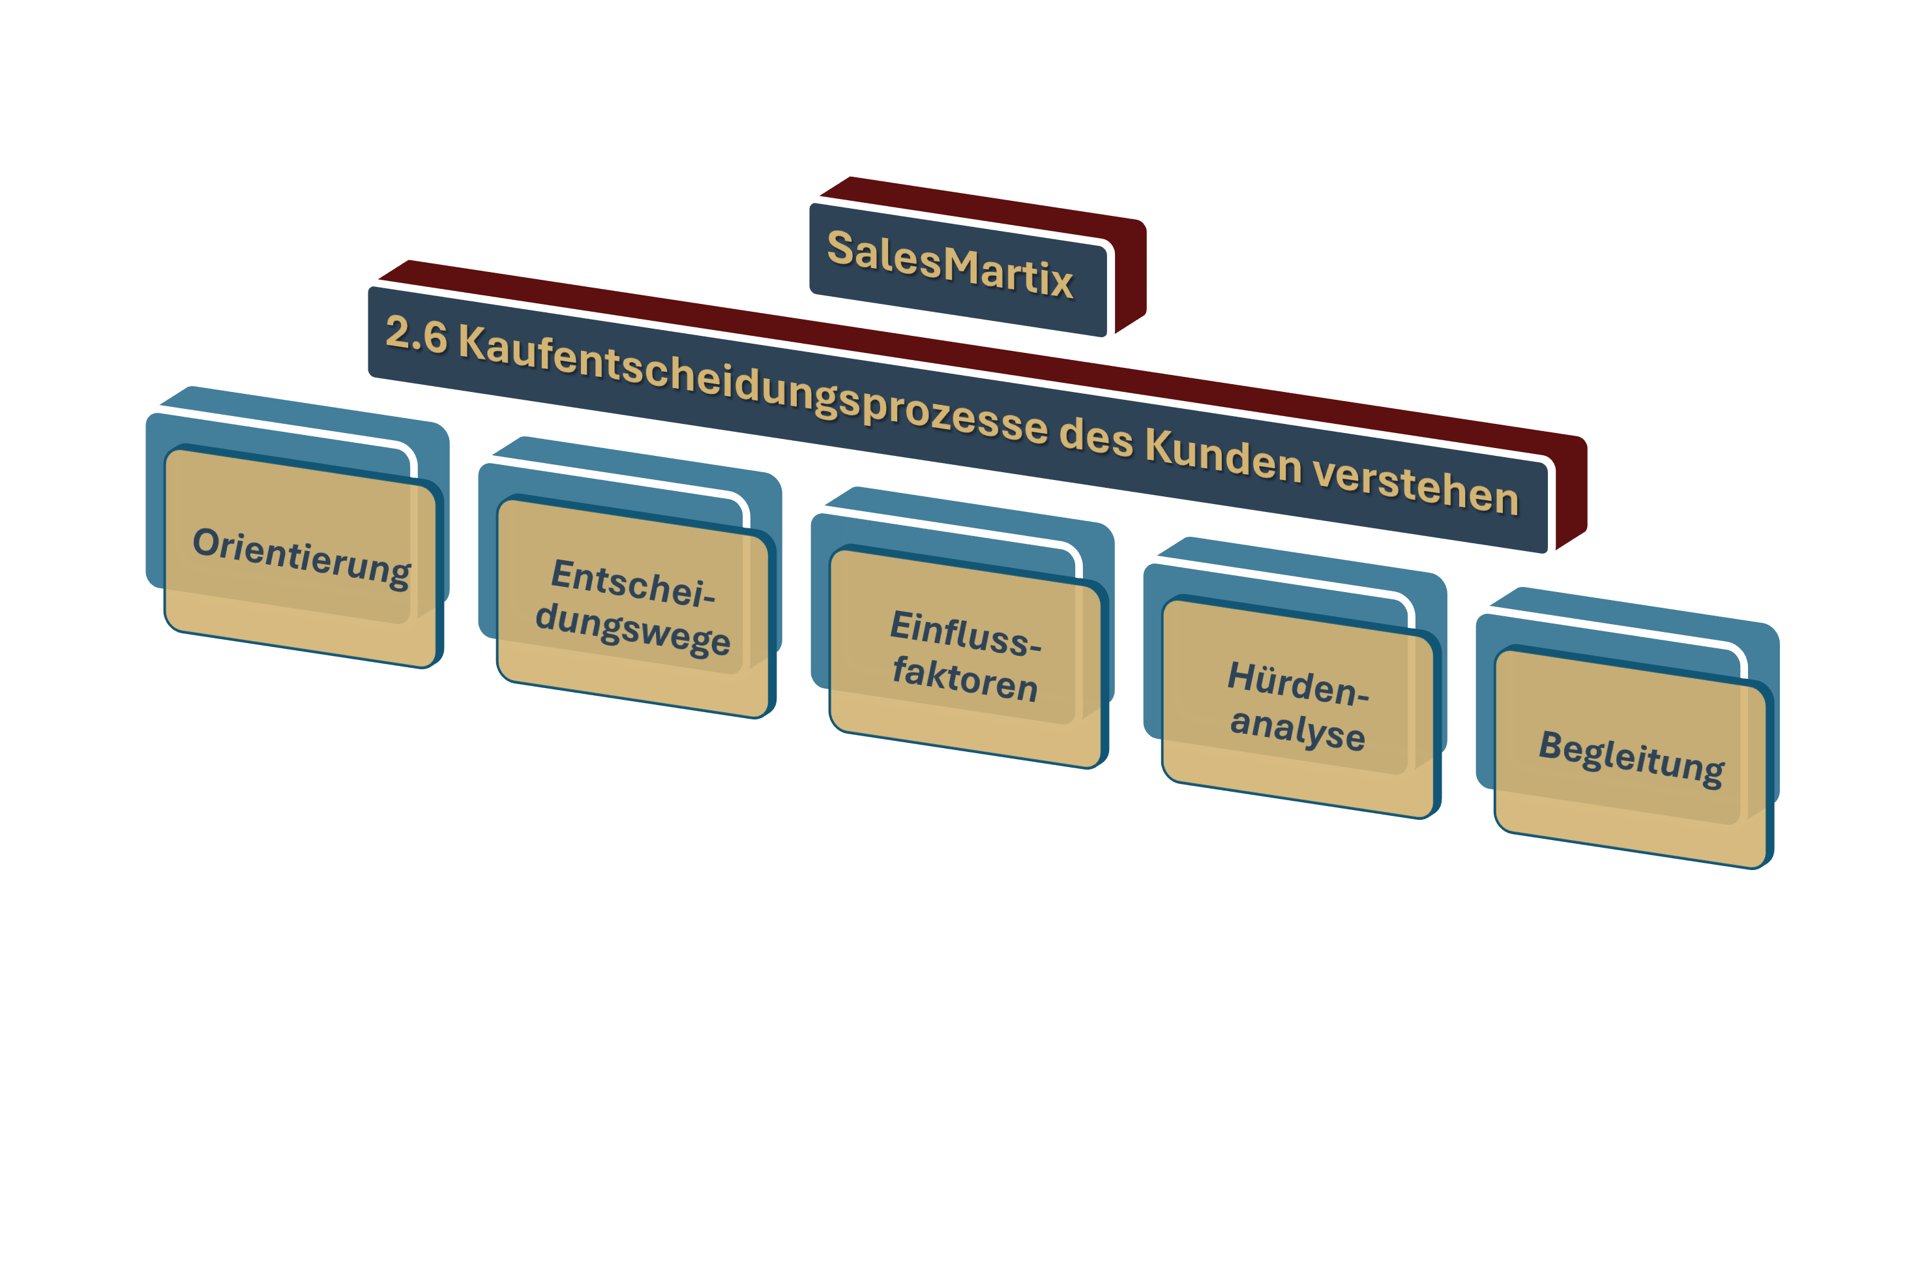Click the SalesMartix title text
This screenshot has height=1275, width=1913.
[x=949, y=264]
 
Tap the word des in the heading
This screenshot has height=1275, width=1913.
[x=1096, y=439]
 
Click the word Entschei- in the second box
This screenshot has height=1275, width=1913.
[x=632, y=584]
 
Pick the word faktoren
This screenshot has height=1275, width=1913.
[x=965, y=678]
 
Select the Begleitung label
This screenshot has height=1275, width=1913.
[x=1631, y=757]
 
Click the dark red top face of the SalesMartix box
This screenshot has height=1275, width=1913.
[x=975, y=203]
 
